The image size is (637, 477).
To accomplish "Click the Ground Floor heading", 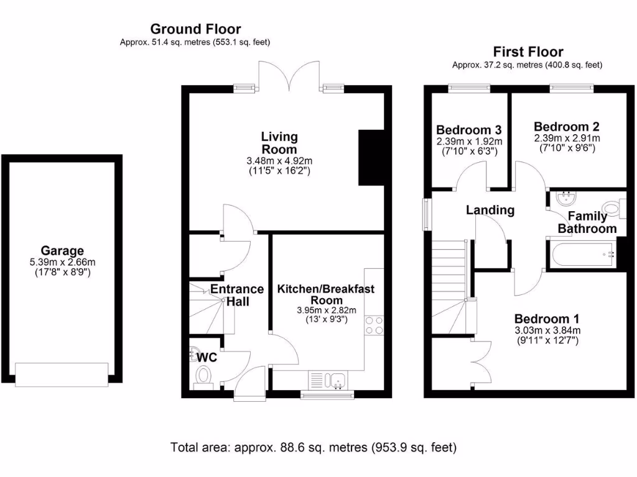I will pyautogui.click(x=195, y=29).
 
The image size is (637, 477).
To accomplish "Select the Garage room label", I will pyautogui.click(x=62, y=251).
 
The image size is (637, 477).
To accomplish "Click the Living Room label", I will pyautogui.click(x=279, y=143).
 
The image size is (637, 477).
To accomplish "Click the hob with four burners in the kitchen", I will pyautogui.click(x=374, y=325).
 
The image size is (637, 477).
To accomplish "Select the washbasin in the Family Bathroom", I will pyautogui.click(x=566, y=199).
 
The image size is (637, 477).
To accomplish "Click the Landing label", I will pyautogui.click(x=490, y=210).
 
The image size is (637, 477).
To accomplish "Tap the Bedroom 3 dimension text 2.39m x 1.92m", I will pyautogui.click(x=468, y=142).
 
